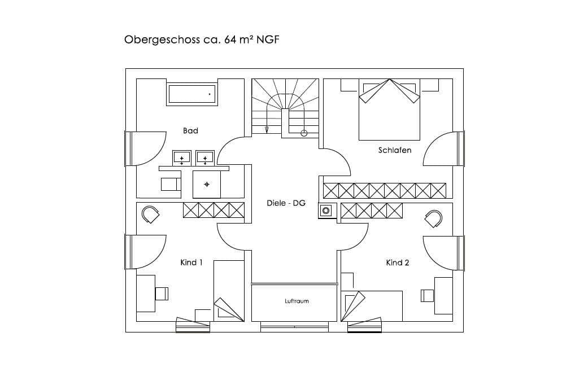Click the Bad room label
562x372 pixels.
[x=190, y=131]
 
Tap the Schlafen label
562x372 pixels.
[x=395, y=150]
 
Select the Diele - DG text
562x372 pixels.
[x=286, y=203]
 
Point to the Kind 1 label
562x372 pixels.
[x=191, y=262]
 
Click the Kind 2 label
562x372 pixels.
[x=398, y=262]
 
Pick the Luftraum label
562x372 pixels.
[x=297, y=301]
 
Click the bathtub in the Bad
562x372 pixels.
[x=192, y=94]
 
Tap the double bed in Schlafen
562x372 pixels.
[x=389, y=110]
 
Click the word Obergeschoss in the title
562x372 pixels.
[x=162, y=40]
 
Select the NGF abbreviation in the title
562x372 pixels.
[x=268, y=39]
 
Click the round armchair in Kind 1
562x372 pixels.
[x=150, y=215]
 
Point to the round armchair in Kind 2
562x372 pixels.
[x=433, y=219]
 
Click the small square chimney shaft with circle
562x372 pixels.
[x=326, y=210]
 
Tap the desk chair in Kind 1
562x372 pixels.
[x=162, y=294]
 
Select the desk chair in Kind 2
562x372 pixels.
[x=427, y=296]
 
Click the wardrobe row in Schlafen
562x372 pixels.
[x=385, y=190]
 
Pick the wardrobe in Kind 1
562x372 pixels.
[x=214, y=210]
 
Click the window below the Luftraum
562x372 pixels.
[x=294, y=326]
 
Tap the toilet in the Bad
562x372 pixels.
[x=171, y=184]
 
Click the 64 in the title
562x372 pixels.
[x=230, y=40]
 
